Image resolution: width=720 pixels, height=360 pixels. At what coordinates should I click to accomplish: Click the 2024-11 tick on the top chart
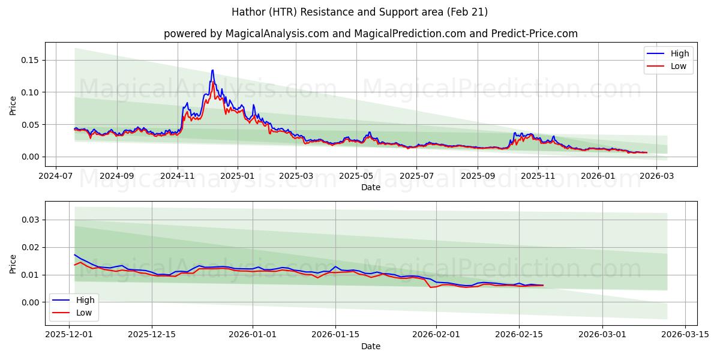pos(178,176)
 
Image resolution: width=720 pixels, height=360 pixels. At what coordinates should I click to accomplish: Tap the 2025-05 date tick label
pos(356,176)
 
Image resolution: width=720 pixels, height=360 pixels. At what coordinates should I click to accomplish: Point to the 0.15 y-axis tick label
pos(30,60)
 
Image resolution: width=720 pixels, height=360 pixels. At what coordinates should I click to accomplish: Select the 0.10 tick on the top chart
pos(30,92)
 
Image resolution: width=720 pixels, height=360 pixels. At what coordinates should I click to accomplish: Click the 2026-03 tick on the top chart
pos(656,176)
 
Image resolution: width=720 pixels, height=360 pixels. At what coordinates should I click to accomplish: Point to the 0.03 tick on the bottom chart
pos(30,220)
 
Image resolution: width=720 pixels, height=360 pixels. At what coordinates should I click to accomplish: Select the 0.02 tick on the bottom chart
pos(30,247)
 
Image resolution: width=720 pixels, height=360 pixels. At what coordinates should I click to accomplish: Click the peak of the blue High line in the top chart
pos(212,70)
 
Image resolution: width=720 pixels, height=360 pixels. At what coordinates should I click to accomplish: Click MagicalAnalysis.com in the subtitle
pos(277,34)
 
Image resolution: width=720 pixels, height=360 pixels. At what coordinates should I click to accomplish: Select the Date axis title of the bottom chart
pos(371,346)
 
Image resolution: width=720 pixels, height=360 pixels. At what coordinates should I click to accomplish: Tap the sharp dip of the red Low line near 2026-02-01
pos(430,287)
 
